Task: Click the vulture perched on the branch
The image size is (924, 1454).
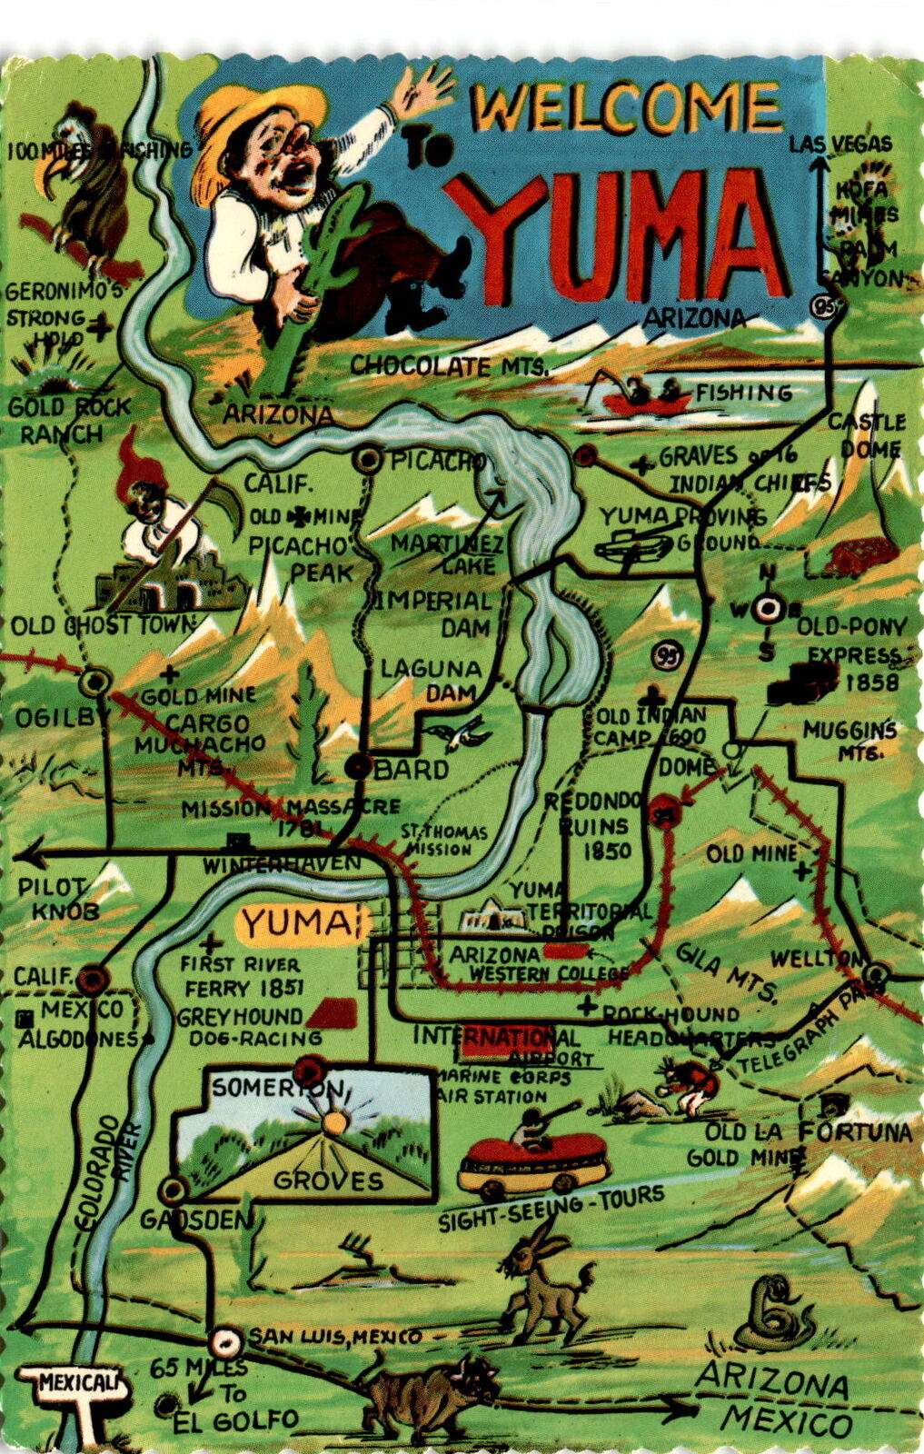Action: pyautogui.click(x=86, y=186)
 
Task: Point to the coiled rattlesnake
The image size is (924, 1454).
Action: pyautogui.click(x=772, y=1314)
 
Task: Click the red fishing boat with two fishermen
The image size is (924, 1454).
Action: pyautogui.click(x=646, y=400)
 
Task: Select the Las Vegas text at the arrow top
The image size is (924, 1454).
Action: pyautogui.click(x=840, y=144)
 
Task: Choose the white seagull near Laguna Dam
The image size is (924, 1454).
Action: pyautogui.click(x=463, y=731)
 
